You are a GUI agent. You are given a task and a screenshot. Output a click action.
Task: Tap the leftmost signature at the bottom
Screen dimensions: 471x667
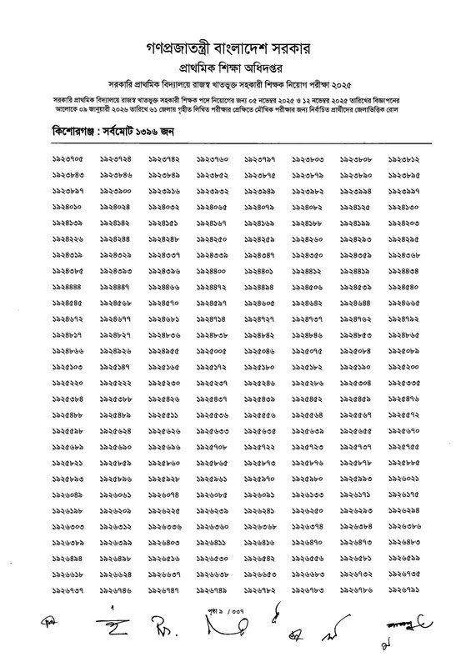50,647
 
